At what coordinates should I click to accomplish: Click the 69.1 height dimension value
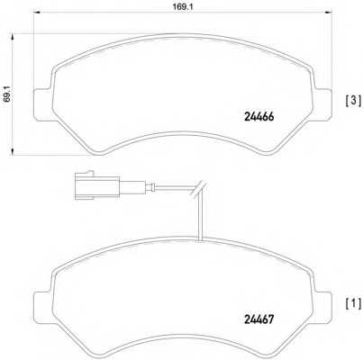pos(7,94)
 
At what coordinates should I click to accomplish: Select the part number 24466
pos(259,117)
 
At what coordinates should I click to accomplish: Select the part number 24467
pos(259,319)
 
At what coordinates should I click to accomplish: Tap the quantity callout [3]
pos(354,100)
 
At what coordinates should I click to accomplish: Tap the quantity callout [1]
pos(354,304)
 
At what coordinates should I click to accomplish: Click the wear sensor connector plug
pos(96,187)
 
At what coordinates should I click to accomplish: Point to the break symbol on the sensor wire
pos(198,189)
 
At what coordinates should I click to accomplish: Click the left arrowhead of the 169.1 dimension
pos(37,13)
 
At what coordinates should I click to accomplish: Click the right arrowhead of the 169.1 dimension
pos(328,13)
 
